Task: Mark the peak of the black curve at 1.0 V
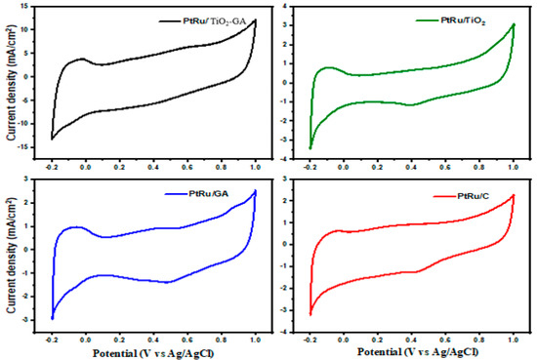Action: pyautogui.click(x=255, y=20)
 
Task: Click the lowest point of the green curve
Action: pyautogui.click(x=310, y=148)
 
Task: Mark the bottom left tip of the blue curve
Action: pyautogui.click(x=52, y=318)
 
